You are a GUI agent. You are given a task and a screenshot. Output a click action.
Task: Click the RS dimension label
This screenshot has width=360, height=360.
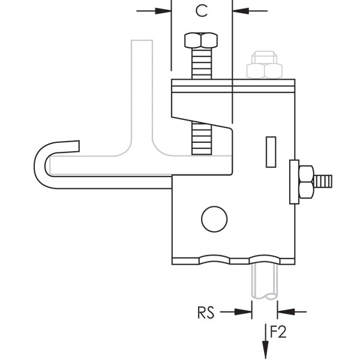[206, 312]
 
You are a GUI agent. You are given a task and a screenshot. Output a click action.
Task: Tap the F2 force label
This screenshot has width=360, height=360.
[277, 331]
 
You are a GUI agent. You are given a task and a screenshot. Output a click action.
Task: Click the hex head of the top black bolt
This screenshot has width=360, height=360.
[201, 41]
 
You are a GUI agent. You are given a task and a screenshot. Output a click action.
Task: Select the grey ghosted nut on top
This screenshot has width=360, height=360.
[265, 65]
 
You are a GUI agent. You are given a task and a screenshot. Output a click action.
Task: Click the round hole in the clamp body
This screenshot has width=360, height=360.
[214, 219]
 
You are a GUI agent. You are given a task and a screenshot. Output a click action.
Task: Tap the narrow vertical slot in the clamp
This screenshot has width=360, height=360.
[271, 152]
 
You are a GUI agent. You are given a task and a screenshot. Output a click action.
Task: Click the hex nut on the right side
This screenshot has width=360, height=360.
[306, 181]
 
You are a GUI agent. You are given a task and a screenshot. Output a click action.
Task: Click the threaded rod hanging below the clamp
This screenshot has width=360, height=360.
[264, 282]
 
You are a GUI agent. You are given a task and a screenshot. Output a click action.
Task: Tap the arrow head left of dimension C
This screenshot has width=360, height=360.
[164, 10]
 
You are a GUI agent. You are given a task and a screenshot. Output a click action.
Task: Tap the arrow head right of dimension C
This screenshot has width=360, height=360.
[239, 10]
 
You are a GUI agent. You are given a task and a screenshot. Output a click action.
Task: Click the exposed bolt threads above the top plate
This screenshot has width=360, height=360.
[201, 64]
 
